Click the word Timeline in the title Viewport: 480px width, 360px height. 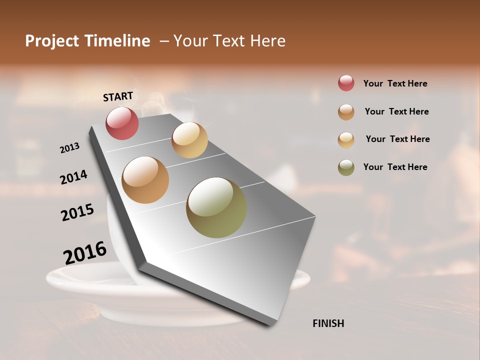(117, 41)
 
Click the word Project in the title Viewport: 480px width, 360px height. (52, 41)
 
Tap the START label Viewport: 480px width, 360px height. (118, 96)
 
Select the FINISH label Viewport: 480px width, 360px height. (328, 323)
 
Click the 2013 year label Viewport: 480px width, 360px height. (69, 148)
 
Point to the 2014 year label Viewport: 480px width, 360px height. (73, 177)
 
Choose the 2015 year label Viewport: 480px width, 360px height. (77, 212)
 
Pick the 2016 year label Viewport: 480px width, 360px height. (85, 253)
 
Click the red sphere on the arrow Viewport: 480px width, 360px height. (122, 123)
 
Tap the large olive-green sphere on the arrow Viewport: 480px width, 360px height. (216, 207)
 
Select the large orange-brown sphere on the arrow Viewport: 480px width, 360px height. (145, 180)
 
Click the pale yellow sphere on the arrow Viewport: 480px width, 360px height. (189, 140)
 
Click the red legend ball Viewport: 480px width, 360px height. (346, 83)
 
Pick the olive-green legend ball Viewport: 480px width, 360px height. (346, 167)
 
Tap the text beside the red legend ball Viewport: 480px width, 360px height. (395, 83)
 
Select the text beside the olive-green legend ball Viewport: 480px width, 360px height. (395, 167)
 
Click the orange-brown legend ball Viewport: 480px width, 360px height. (346, 112)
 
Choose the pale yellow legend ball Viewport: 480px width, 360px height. (346, 139)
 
